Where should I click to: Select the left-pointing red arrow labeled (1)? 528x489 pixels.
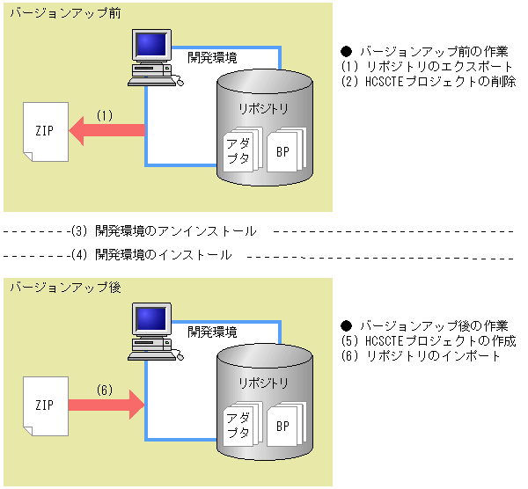106,131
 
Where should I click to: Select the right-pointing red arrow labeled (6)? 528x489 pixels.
106,405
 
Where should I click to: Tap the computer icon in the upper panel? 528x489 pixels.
150,58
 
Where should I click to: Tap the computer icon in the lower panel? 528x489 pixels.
150,332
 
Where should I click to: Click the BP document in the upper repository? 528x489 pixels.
283,151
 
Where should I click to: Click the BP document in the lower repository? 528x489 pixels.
283,426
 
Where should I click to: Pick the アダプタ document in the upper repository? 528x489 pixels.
238,151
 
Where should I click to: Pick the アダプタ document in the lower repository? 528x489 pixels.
238,426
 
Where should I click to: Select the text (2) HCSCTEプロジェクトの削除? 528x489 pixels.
428,81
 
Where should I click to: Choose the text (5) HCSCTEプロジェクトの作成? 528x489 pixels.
428,341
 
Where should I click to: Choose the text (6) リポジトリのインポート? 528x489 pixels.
420,356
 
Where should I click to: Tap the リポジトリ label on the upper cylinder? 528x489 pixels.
263,108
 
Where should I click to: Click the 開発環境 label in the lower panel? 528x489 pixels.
212,332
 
